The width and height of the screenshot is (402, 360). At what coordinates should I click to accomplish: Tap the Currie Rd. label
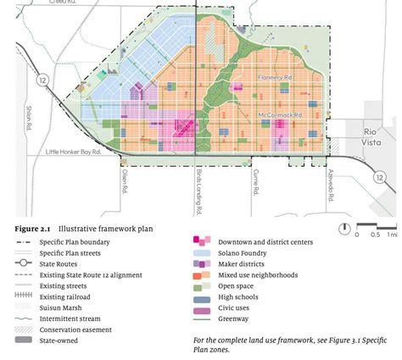[x=254, y=180]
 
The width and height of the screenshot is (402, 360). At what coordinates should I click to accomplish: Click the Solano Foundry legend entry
[x=246, y=252]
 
